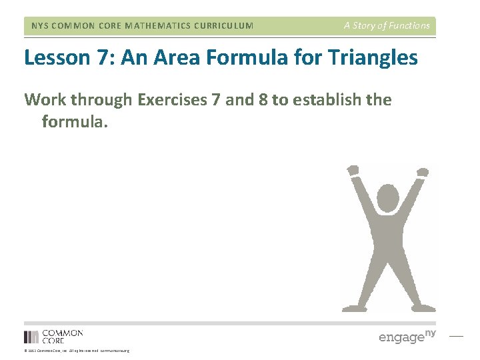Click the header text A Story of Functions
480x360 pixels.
387,26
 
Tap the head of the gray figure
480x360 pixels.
388,198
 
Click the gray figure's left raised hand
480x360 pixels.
353,171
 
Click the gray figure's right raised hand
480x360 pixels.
421,173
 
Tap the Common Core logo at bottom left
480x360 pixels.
53,336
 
